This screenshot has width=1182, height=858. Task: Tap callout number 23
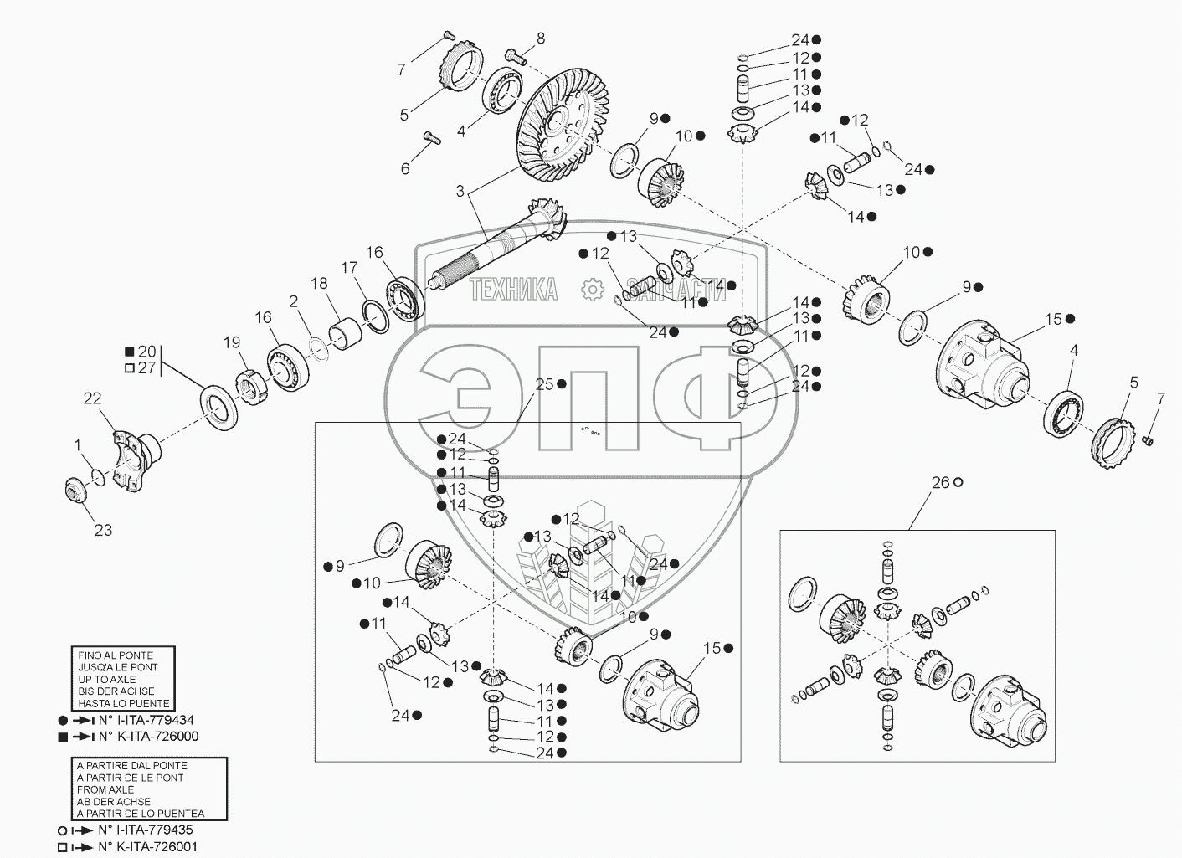click(x=103, y=529)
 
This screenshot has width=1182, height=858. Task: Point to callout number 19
click(x=231, y=342)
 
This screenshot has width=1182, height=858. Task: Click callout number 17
click(x=348, y=268)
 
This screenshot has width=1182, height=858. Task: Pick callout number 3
click(x=460, y=191)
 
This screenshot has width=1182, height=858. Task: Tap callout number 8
click(x=540, y=38)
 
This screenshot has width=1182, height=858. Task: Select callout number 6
click(x=405, y=168)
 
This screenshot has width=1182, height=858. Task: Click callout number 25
click(x=545, y=384)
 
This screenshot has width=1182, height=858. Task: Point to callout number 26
click(x=941, y=482)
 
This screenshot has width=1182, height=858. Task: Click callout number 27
click(x=146, y=367)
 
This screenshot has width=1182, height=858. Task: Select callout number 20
click(x=146, y=352)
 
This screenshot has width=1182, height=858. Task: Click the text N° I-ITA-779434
click(x=146, y=720)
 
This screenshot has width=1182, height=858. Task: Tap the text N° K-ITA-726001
click(x=148, y=845)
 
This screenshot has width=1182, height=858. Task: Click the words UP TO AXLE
click(x=104, y=679)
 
